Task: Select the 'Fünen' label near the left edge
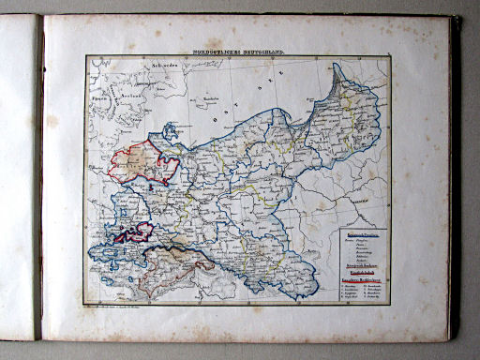[93, 92]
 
